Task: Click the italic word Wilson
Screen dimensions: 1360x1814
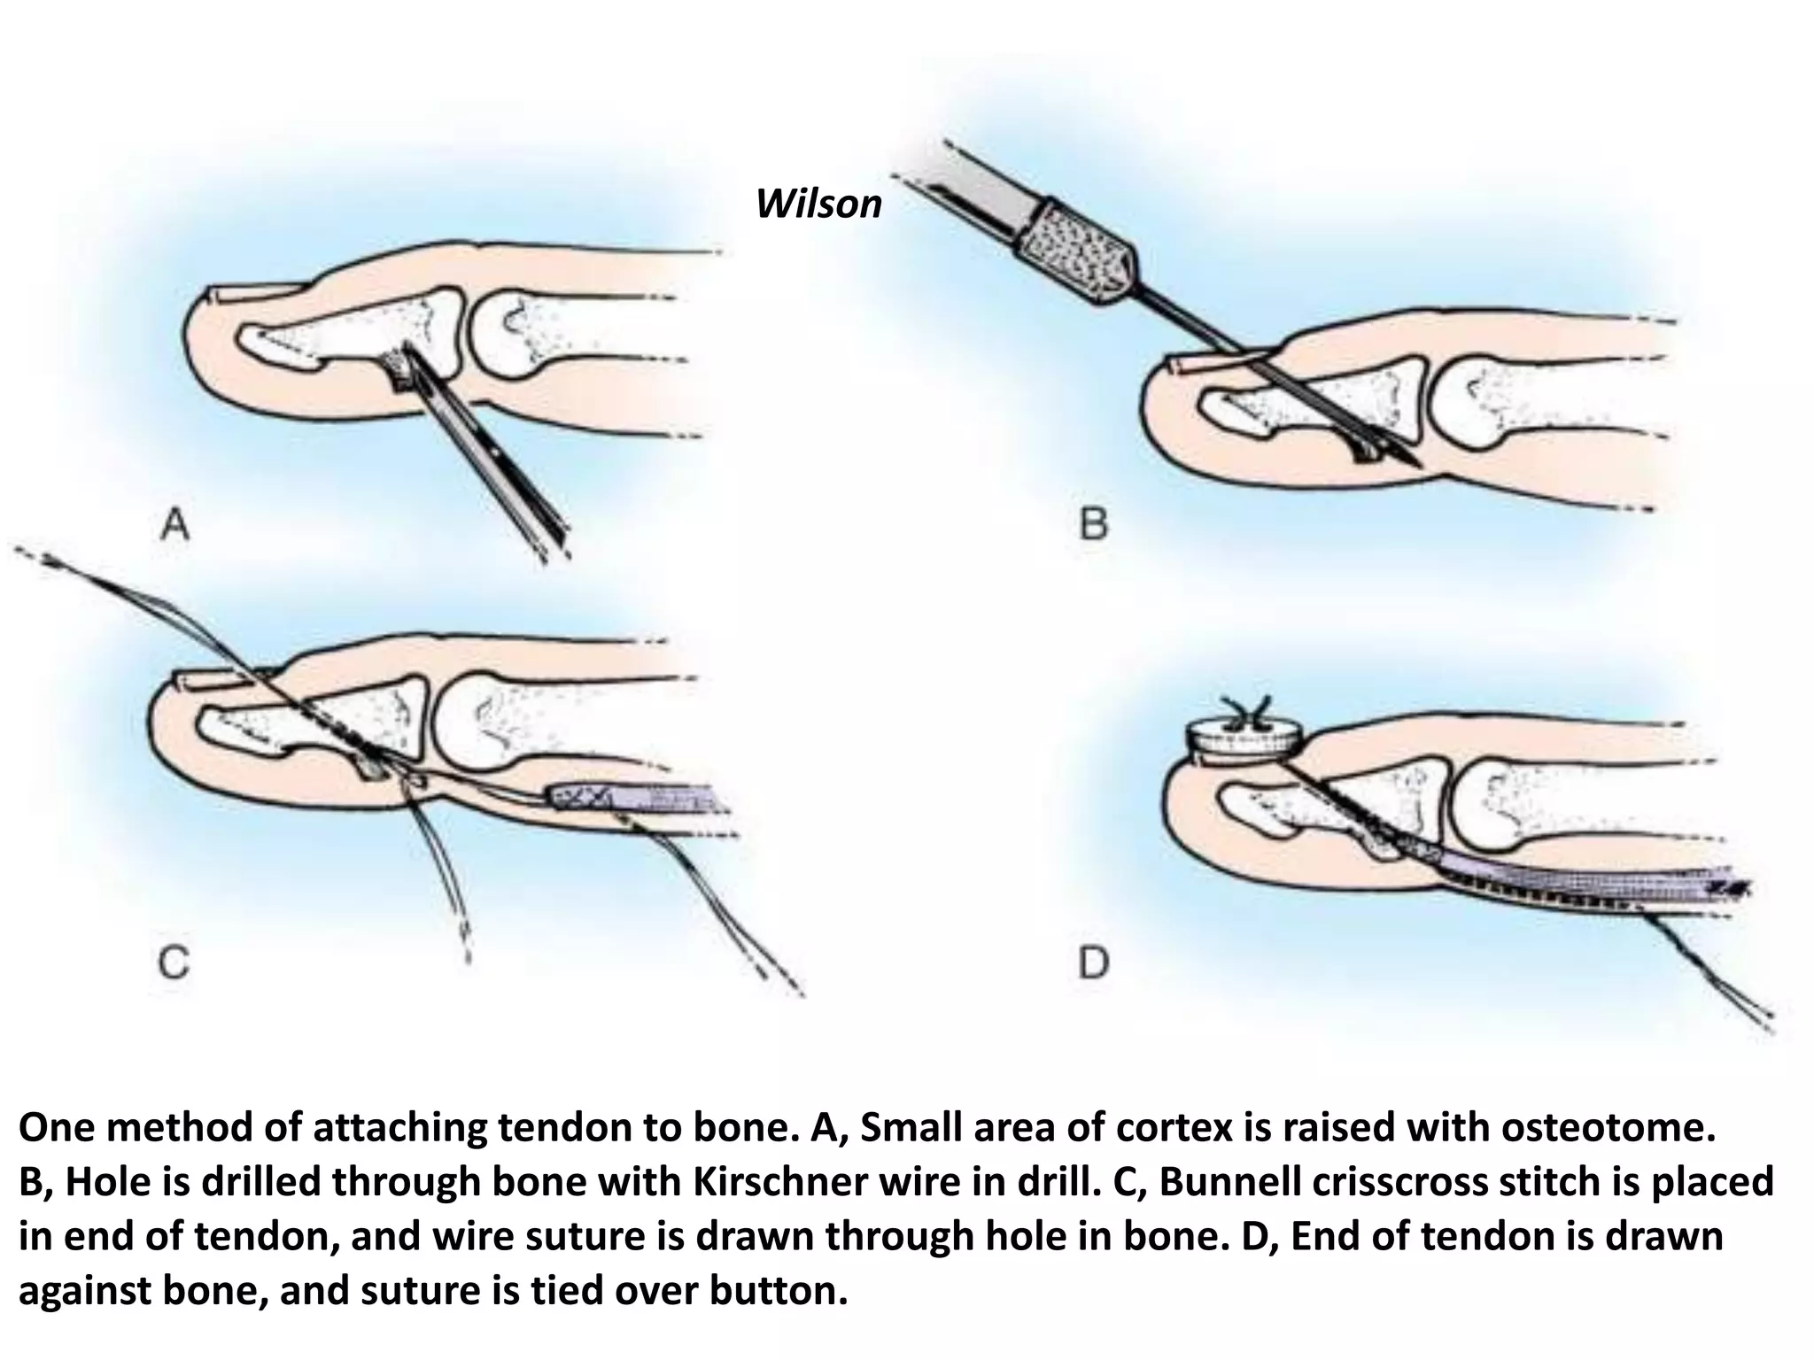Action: pyautogui.click(x=818, y=205)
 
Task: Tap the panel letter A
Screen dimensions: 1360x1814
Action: pyautogui.click(x=175, y=528)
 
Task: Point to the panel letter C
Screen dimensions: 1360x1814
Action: pyautogui.click(x=174, y=962)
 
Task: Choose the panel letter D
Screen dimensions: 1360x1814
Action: pyautogui.click(x=1094, y=962)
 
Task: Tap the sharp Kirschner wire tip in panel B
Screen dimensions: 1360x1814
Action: pyautogui.click(x=1415, y=462)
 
